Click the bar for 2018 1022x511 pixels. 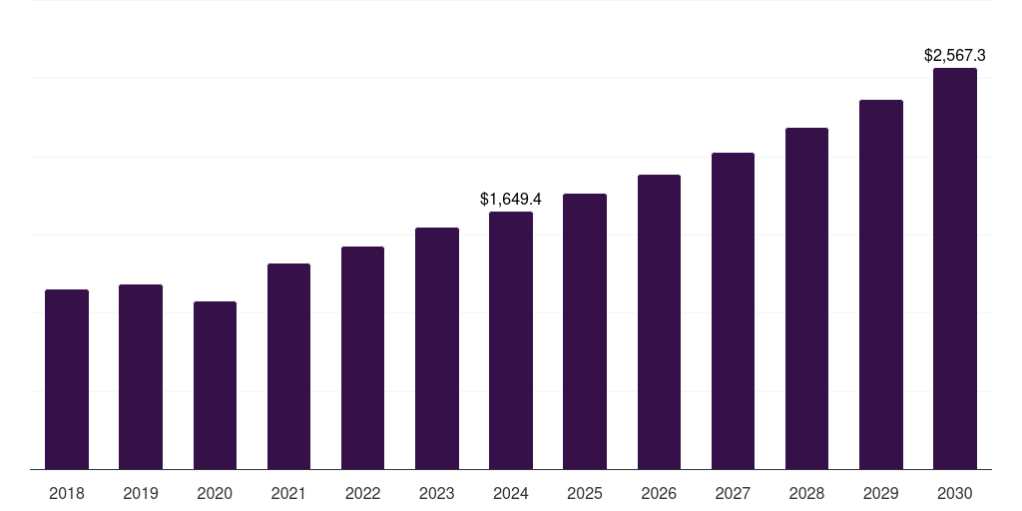click(67, 379)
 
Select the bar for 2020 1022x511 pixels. click(215, 385)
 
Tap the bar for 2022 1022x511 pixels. click(362, 357)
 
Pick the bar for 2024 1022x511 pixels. click(511, 340)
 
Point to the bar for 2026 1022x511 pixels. click(659, 321)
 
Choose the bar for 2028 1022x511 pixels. click(806, 298)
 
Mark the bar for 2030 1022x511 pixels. click(955, 268)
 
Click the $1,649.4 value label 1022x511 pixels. click(511, 200)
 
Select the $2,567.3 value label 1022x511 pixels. click(955, 56)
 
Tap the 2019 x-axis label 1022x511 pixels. click(141, 493)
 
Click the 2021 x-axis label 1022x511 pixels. click(288, 493)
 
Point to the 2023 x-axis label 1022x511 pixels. click(437, 493)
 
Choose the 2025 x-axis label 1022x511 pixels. click(585, 493)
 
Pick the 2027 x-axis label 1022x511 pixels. click(733, 493)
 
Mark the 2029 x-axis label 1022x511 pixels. click(881, 493)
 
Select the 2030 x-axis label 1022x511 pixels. click(955, 493)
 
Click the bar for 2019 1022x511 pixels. click(141, 376)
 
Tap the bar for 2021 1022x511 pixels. click(288, 366)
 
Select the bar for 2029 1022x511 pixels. click(881, 284)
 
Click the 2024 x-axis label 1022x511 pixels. click(511, 493)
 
